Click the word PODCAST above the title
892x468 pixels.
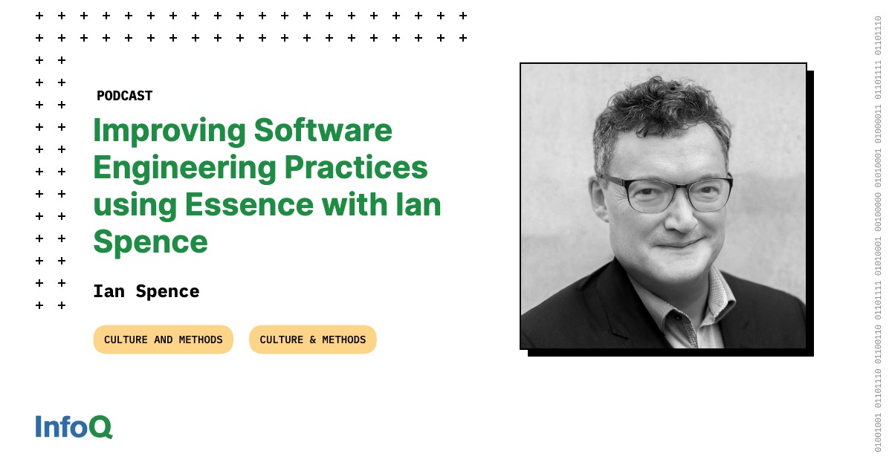[124, 96]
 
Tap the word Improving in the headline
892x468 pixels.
[169, 131]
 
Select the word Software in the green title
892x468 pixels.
[323, 131]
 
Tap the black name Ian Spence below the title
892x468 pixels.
[146, 291]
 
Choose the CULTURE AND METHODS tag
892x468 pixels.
[163, 339]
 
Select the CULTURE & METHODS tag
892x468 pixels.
[312, 339]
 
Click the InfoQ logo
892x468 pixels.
[74, 426]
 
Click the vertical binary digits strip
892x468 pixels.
[878, 234]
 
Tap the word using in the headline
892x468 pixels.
[133, 204]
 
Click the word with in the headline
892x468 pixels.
[356, 204]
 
